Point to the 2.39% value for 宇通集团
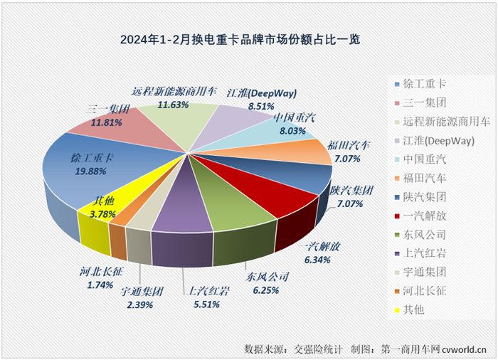coord(142,305)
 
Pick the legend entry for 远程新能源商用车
coord(441,121)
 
